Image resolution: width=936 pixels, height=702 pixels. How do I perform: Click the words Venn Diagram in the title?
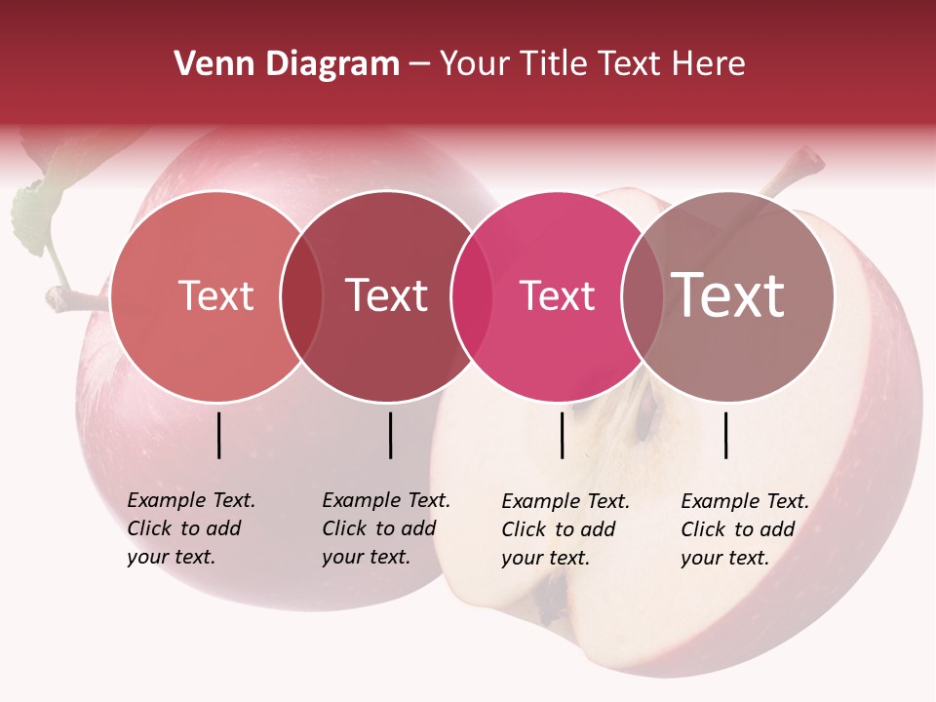pos(287,64)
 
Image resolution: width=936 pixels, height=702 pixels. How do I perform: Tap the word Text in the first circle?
pos(215,295)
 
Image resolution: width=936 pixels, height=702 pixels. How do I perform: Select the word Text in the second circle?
pos(386,295)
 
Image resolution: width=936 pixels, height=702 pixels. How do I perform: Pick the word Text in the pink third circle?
pos(557,296)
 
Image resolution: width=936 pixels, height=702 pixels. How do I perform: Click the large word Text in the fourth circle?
pos(728,295)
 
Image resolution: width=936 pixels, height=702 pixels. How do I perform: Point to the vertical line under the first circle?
pos(219,435)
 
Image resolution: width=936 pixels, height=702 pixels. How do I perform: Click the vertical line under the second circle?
pos(390,435)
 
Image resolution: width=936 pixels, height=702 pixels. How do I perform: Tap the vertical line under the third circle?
pos(562,435)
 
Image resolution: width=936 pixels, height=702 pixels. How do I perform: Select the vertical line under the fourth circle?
pos(725,435)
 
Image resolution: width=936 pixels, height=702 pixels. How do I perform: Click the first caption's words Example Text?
pos(191,500)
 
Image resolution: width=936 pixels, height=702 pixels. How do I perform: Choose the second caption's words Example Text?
pos(386,500)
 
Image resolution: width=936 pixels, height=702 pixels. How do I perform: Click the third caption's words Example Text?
pos(565,501)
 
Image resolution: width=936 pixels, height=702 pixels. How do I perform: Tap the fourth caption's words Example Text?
pos(745,501)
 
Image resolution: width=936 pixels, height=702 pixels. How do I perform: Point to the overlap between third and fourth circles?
pos(642,296)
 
